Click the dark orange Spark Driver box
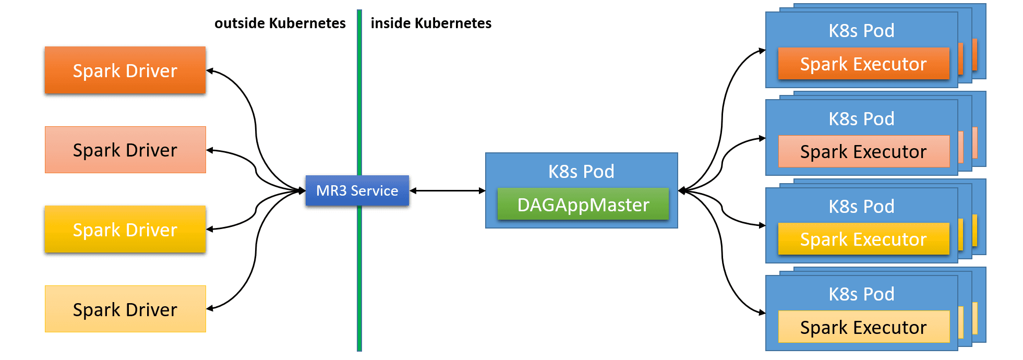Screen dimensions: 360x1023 pyautogui.click(x=125, y=70)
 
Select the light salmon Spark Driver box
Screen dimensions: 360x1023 pyautogui.click(x=125, y=150)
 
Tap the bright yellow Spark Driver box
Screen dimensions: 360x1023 pyautogui.click(x=125, y=230)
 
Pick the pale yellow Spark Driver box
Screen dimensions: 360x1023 pyautogui.click(x=125, y=309)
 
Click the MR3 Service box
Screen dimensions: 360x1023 pyautogui.click(x=357, y=190)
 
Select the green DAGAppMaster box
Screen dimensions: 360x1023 pyautogui.click(x=583, y=205)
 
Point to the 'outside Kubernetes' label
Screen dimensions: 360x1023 pyautogui.click(x=280, y=23)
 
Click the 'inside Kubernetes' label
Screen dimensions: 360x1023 pyautogui.click(x=431, y=23)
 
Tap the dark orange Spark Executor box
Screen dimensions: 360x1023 pyautogui.click(x=863, y=64)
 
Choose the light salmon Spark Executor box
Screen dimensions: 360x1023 pyautogui.click(x=863, y=151)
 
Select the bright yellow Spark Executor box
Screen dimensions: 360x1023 pyautogui.click(x=863, y=239)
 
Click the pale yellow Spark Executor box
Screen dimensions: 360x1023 pyautogui.click(x=863, y=327)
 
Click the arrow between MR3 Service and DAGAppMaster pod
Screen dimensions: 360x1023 pyautogui.click(x=447, y=191)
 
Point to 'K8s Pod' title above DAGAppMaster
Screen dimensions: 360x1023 pyautogui.click(x=581, y=171)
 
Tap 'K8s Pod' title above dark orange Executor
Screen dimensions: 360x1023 pyautogui.click(x=861, y=31)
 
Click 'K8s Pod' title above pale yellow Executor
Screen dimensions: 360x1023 pyautogui.click(x=861, y=294)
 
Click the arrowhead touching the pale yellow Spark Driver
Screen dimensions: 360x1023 pyautogui.click(x=210, y=308)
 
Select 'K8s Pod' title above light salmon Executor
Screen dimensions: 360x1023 pyautogui.click(x=861, y=119)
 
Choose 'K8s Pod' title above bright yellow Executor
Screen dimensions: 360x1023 pyautogui.click(x=861, y=207)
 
